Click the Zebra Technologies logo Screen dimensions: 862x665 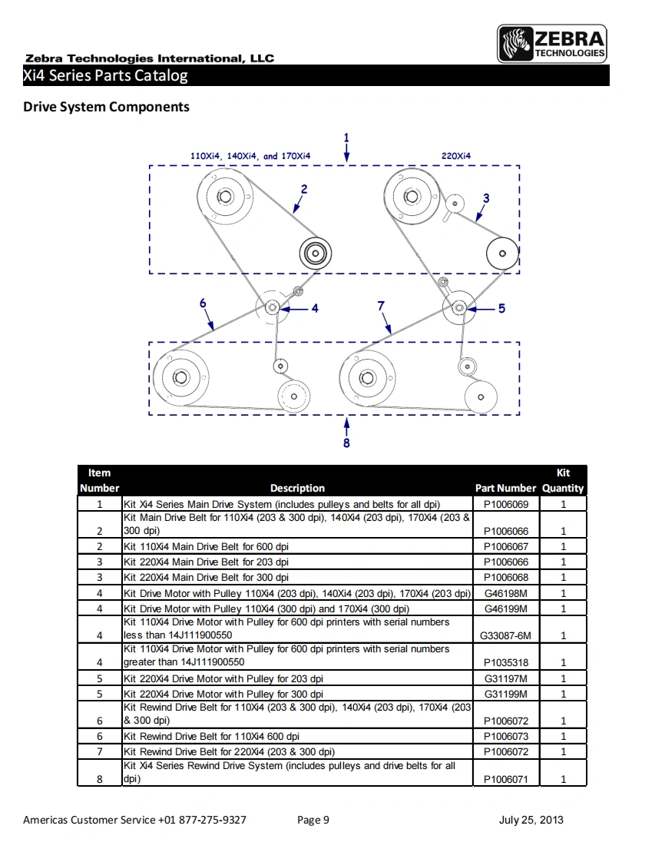coord(552,44)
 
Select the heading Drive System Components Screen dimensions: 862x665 coord(106,107)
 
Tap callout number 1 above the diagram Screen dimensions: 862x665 coord(346,138)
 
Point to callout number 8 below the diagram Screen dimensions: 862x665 coord(346,443)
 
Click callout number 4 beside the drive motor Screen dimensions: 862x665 coord(315,308)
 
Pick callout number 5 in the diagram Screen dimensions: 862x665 coord(501,308)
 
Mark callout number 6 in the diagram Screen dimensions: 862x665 coord(203,303)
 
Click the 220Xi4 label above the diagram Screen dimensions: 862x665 coord(456,156)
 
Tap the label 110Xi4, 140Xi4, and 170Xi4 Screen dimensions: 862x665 coord(250,156)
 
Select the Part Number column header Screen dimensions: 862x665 coord(505,488)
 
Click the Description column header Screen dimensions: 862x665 coord(297,488)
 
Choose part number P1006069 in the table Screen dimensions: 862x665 coord(505,504)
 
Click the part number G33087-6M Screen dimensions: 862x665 coord(505,635)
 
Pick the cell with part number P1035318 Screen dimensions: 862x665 coord(505,662)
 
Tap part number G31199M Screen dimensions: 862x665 coord(505,694)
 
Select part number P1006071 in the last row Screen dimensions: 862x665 coord(505,779)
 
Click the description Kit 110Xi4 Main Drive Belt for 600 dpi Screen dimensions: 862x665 coord(207,546)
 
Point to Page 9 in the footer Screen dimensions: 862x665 coord(313,820)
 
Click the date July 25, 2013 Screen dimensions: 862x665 coord(531,820)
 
